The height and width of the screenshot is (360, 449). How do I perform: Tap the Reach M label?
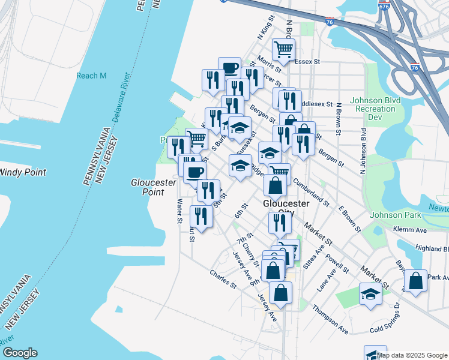pyautogui.click(x=91, y=76)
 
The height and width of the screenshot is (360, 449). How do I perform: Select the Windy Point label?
pyautogui.click(x=23, y=172)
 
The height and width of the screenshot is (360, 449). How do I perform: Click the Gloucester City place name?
pyautogui.click(x=286, y=209)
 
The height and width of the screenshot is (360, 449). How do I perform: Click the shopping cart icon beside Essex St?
pyautogui.click(x=284, y=49)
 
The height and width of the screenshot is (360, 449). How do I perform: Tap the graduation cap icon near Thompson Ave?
pyautogui.click(x=370, y=295)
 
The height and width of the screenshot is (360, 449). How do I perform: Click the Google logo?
pyautogui.click(x=20, y=353)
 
